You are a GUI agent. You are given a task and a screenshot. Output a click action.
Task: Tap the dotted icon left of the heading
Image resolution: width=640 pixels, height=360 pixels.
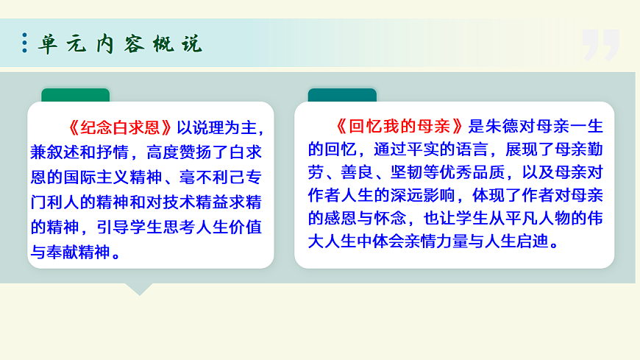pos(25,43)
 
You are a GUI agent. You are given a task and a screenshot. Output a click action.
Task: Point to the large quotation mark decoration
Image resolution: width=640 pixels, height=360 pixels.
pos(600,46)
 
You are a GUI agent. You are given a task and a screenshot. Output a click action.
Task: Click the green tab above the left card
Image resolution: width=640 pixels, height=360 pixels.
pos(75,96)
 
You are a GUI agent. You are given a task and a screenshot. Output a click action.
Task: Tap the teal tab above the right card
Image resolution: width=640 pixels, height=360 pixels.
pos(341,96)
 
